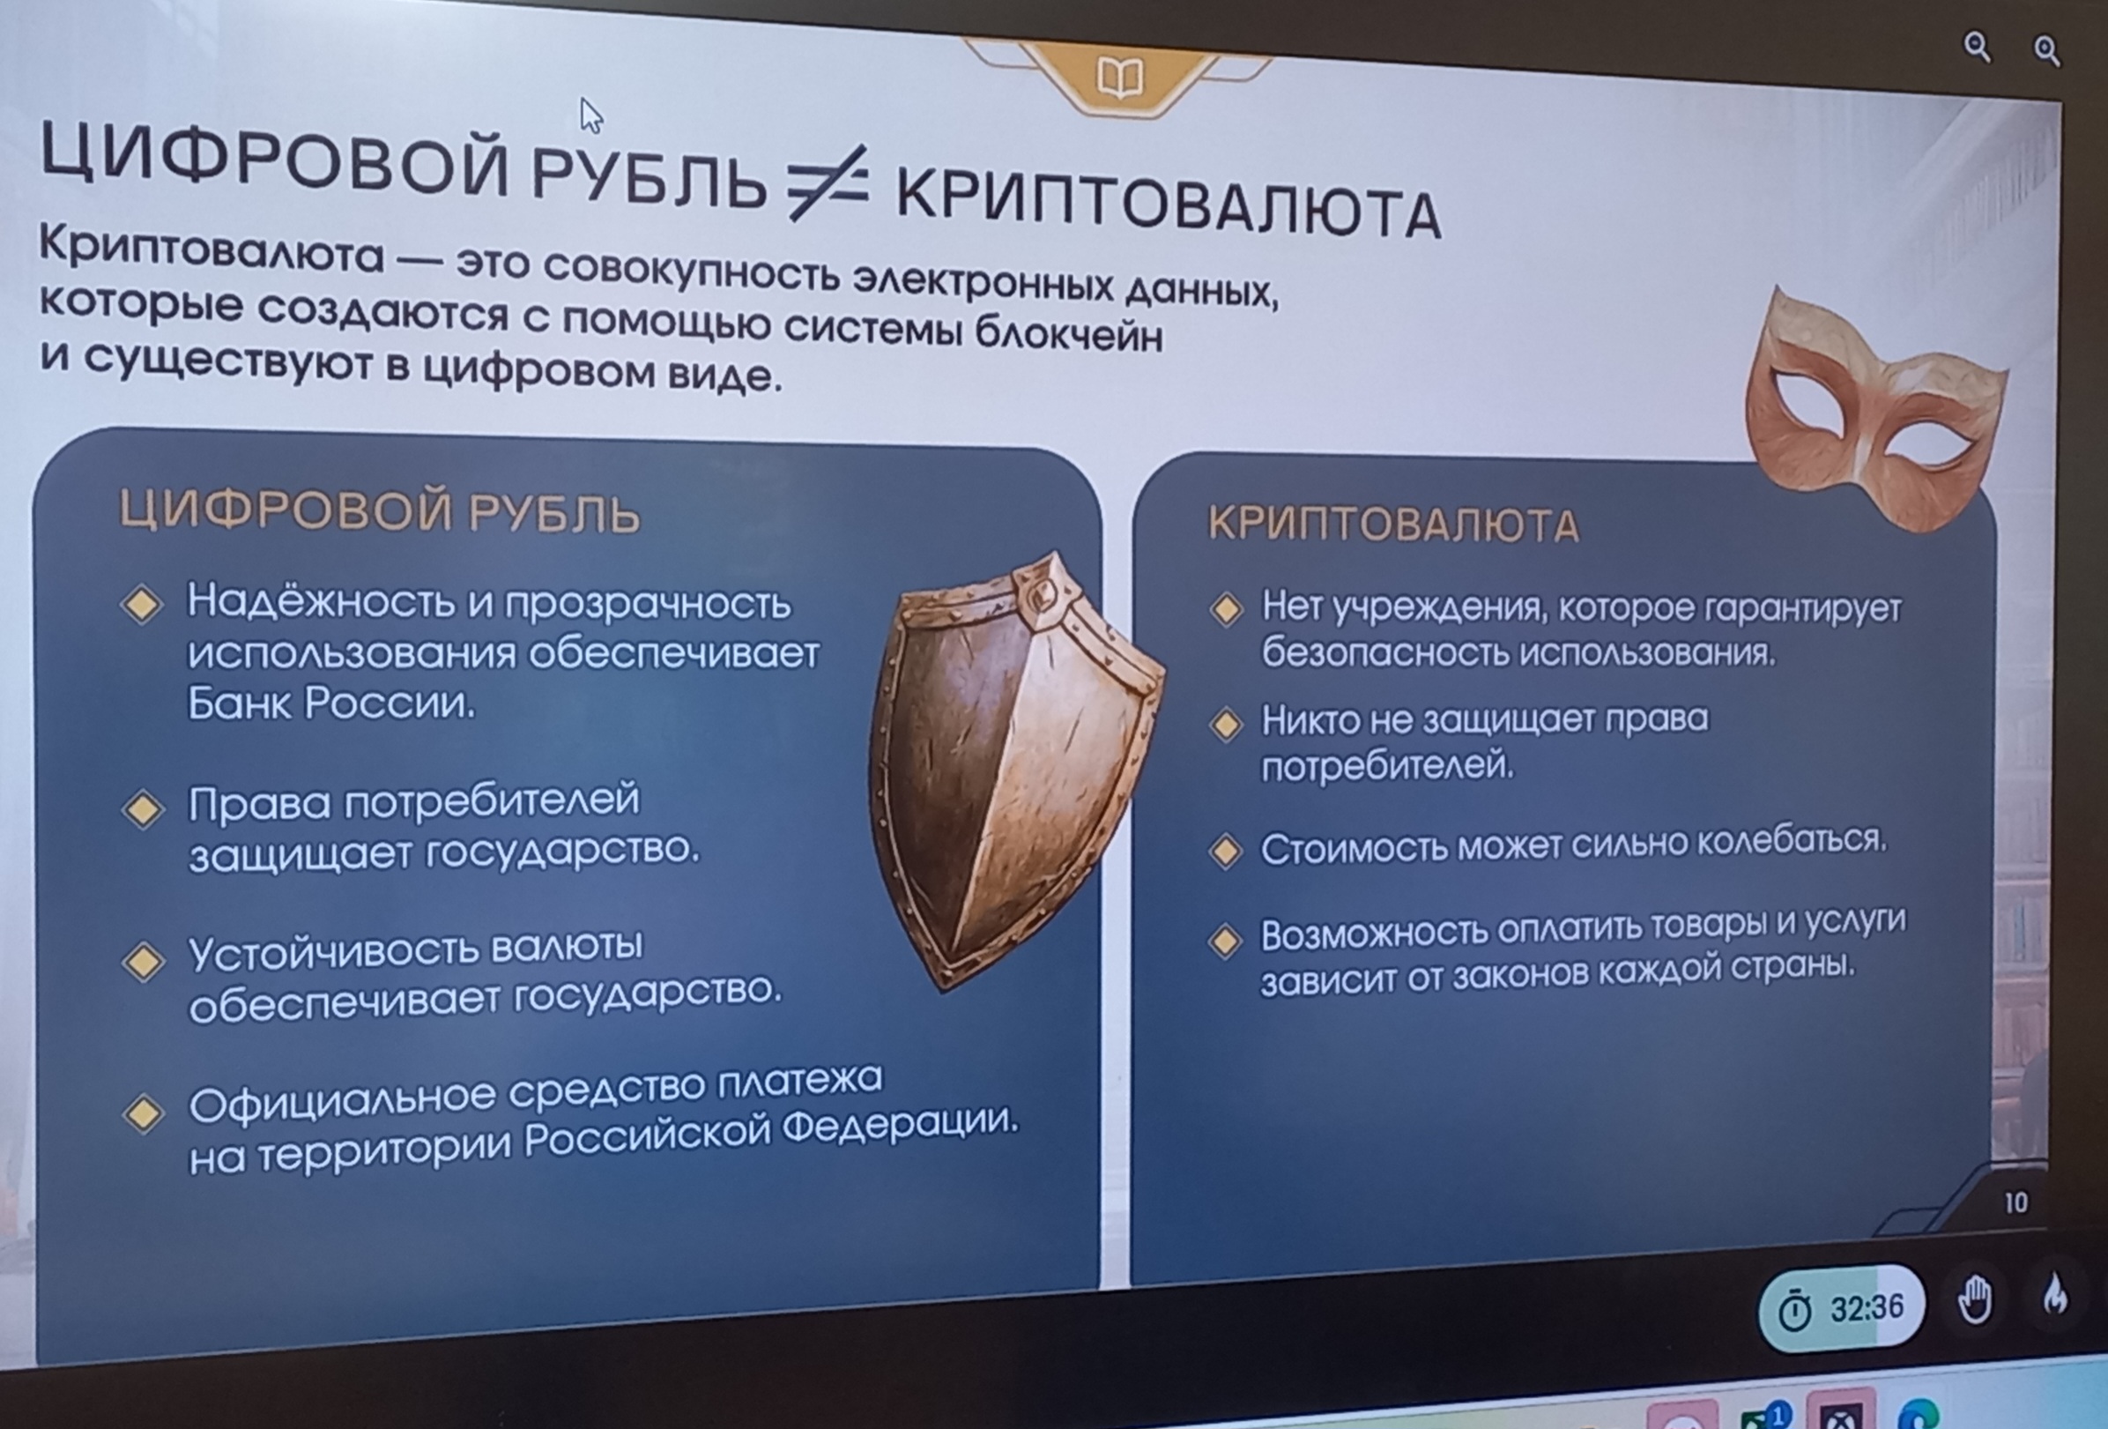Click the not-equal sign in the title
[x=828, y=182]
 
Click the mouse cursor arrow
[x=590, y=115]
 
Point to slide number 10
[x=2015, y=1203]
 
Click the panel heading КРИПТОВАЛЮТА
[x=1393, y=525]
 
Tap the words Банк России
[x=331, y=703]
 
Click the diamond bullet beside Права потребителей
[x=143, y=808]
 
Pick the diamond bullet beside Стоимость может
[x=1226, y=851]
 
